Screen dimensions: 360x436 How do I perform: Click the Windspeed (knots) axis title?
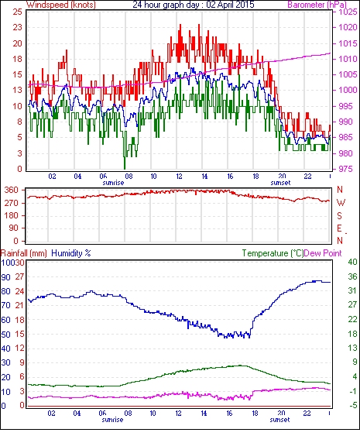pos(61,5)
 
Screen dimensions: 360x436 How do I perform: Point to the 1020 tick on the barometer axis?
pos(348,27)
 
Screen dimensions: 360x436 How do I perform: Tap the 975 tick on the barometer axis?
pos(347,169)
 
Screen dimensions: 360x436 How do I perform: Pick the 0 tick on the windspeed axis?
pos(19,169)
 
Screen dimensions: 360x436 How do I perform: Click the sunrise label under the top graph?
pos(113,183)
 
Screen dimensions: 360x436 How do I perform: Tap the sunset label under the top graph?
pos(280,183)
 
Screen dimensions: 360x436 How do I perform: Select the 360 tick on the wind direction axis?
pos(12,191)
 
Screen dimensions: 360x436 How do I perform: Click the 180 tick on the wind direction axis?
pos(12,215)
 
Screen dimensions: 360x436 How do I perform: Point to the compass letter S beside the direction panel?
pos(339,215)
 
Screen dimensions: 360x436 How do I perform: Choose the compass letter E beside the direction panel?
pos(339,228)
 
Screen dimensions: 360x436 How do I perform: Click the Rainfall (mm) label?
pos(24,253)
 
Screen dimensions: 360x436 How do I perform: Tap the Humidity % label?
pos(71,253)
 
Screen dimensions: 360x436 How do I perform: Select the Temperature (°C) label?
pos(273,253)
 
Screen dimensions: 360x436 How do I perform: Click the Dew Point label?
pos(323,253)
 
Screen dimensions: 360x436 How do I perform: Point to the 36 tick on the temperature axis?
pos(352,276)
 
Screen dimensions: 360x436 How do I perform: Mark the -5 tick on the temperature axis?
pos(352,405)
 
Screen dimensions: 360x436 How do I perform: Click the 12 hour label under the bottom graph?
pos(178,414)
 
